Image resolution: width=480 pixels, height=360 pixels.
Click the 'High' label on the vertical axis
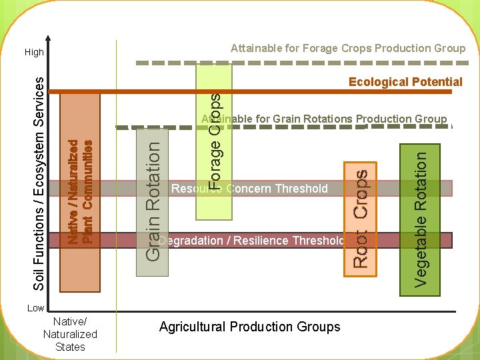tap(34, 52)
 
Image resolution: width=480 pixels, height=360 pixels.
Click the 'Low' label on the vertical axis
tap(35, 308)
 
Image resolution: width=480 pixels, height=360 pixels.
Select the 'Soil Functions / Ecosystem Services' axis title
tap(39, 182)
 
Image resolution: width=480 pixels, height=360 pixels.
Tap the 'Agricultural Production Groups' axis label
tap(249, 327)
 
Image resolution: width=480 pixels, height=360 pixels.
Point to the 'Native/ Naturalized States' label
tap(70, 334)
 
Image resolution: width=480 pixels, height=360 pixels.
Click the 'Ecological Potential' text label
tap(405, 82)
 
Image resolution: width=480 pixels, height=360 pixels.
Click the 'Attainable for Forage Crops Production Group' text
tap(348, 48)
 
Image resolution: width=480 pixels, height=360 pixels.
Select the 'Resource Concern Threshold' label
tap(250, 189)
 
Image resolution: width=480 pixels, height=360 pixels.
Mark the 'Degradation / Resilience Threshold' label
tap(252, 240)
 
